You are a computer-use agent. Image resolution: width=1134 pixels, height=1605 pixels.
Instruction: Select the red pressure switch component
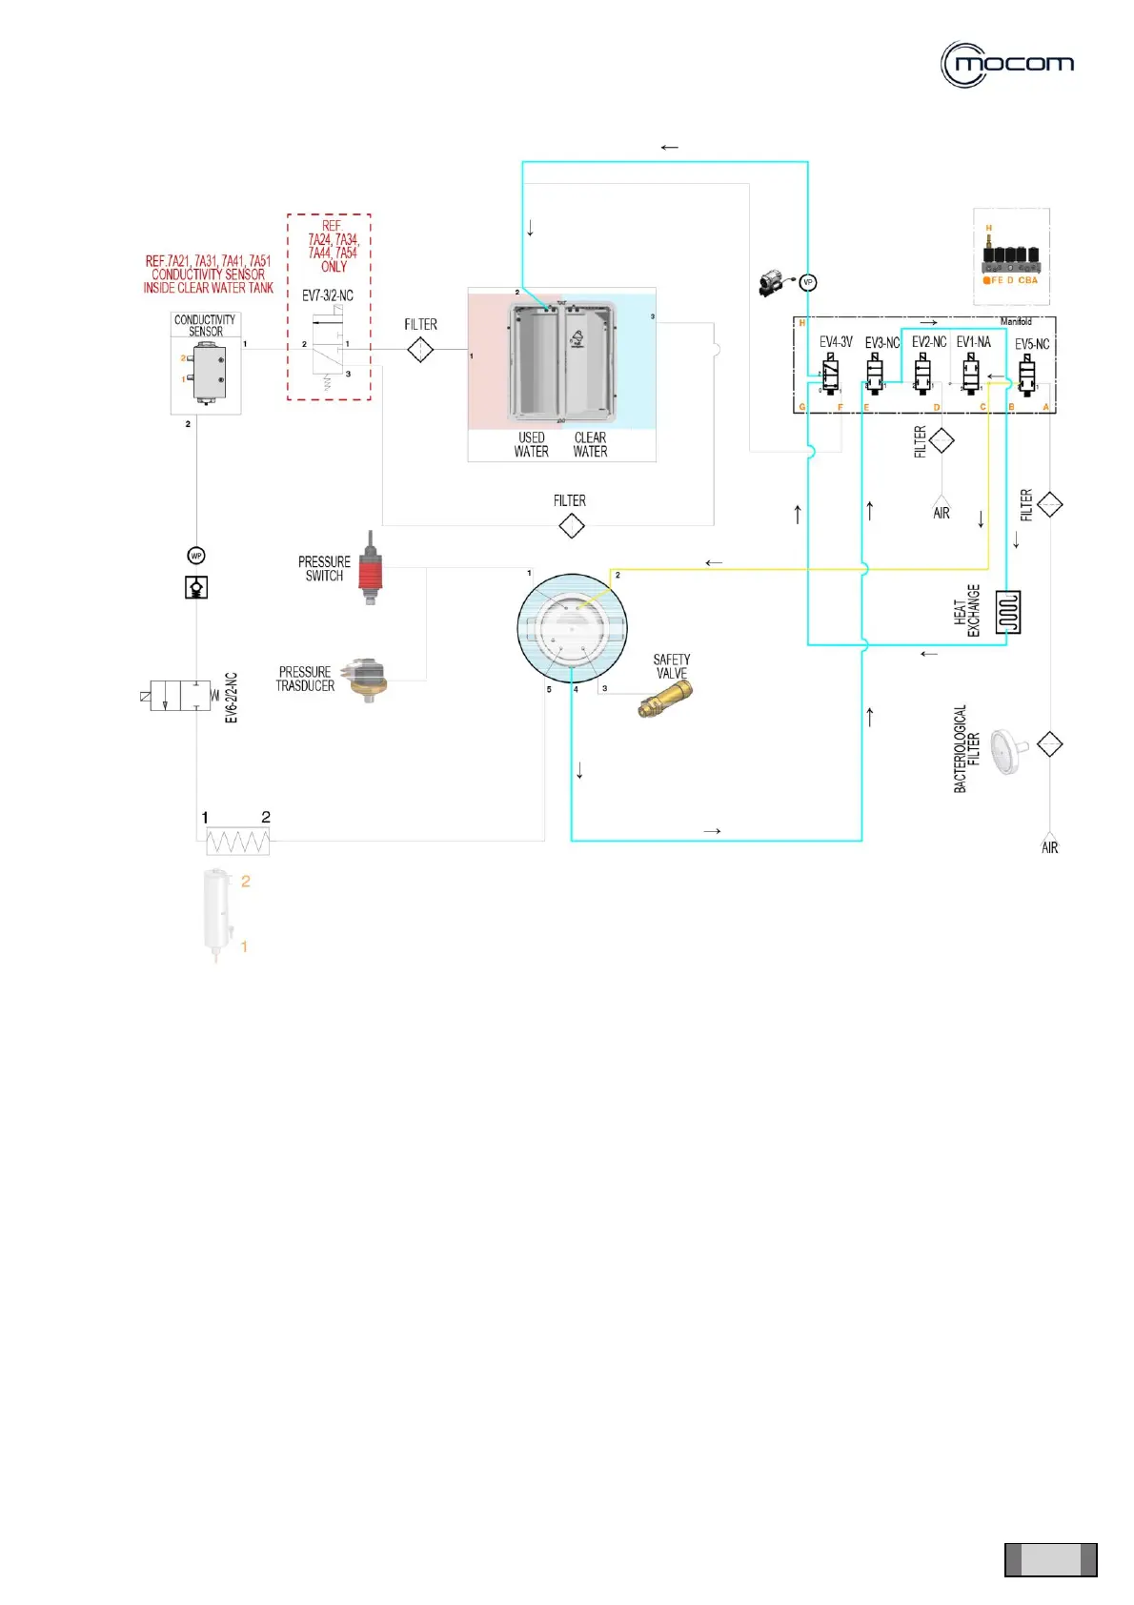370,570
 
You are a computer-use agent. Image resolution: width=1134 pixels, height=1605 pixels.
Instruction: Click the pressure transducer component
367,678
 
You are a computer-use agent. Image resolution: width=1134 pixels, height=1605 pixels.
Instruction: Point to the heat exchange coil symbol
1007,612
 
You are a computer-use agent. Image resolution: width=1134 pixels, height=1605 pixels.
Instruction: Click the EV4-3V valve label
836,342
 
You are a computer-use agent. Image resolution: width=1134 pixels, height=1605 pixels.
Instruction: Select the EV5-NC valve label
1031,344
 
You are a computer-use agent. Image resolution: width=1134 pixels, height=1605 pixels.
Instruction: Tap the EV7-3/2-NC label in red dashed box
328,295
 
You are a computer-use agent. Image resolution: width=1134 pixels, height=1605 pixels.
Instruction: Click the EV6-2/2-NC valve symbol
180,696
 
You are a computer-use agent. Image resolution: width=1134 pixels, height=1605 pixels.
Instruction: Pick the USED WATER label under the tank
531,445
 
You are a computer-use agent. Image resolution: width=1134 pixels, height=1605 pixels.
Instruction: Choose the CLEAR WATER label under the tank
590,445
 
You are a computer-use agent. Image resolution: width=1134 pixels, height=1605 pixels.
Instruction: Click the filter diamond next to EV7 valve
420,351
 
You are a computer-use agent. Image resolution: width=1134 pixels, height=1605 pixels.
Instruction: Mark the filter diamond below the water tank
571,525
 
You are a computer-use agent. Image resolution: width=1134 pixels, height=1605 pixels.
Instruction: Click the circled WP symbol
196,556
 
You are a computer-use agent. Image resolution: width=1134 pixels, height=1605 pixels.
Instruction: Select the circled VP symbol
808,282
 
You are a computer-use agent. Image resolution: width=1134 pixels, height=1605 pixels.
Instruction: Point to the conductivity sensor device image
207,372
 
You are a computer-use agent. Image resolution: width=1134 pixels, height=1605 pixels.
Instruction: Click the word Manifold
1016,322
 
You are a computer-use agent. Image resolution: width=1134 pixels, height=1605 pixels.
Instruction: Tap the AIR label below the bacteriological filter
1049,847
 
